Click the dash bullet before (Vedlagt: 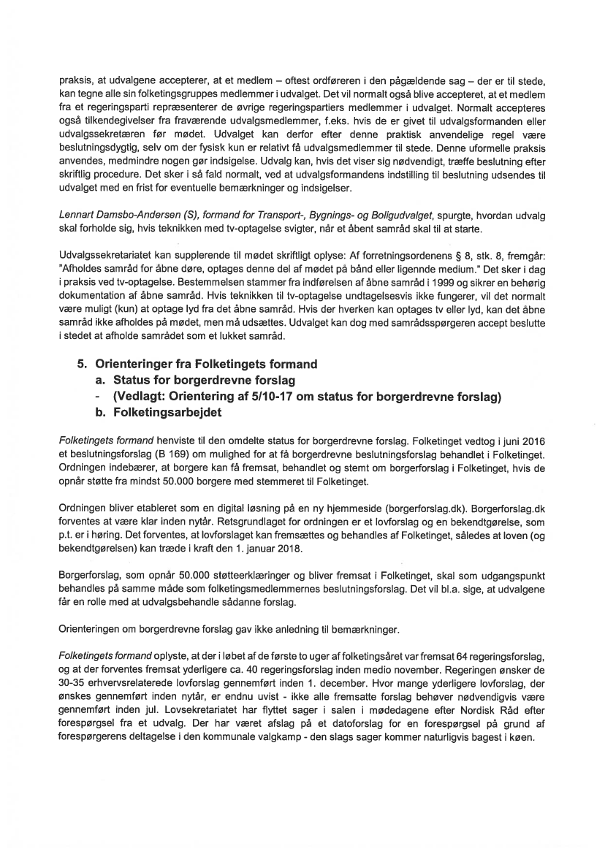click(100, 396)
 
